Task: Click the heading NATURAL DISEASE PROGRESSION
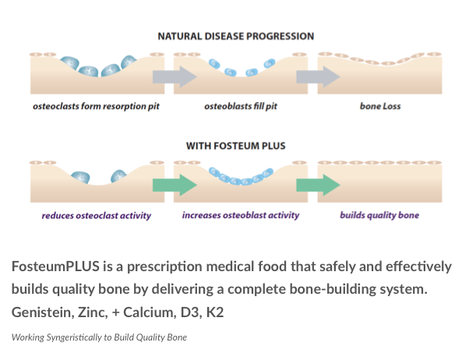(x=235, y=36)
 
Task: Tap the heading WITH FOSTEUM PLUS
(x=235, y=146)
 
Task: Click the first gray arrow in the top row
(x=174, y=76)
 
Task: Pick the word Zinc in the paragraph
(x=91, y=312)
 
